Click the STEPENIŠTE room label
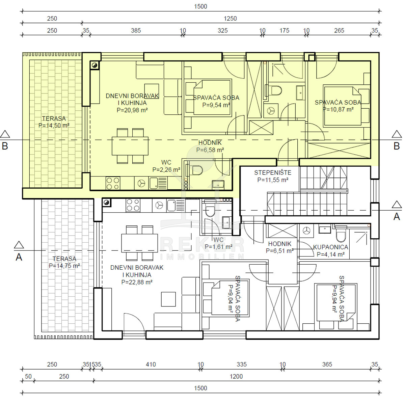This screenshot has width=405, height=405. [x=273, y=173]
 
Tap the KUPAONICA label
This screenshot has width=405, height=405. [x=330, y=247]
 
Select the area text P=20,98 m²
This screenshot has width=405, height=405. [x=132, y=110]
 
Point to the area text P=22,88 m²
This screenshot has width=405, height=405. [x=137, y=282]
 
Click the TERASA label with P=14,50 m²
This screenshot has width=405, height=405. [x=54, y=118]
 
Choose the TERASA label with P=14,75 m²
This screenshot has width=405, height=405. [x=64, y=259]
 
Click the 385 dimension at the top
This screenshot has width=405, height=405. [x=136, y=31]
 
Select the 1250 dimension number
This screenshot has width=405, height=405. [x=230, y=19]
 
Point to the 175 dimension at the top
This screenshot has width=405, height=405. [x=284, y=31]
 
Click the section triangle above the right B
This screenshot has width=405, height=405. [x=397, y=134]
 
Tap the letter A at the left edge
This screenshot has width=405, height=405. [x=19, y=257]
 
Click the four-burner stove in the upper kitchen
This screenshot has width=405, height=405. [x=113, y=183]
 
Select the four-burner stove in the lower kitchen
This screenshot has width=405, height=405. [x=133, y=205]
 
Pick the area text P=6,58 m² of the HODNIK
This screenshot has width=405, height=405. [x=210, y=150]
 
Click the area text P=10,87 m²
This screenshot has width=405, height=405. [x=338, y=109]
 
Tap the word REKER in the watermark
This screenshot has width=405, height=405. [x=202, y=245]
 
